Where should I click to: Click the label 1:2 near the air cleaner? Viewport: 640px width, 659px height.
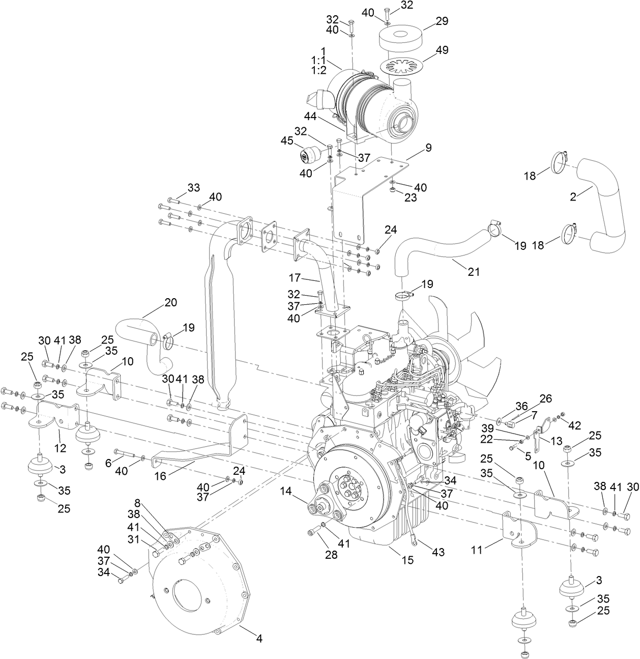pos(318,70)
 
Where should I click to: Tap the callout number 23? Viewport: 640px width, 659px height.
pos(410,197)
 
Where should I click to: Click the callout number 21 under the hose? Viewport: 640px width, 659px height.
pos(474,272)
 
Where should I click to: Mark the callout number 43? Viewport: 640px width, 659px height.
pos(438,552)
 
